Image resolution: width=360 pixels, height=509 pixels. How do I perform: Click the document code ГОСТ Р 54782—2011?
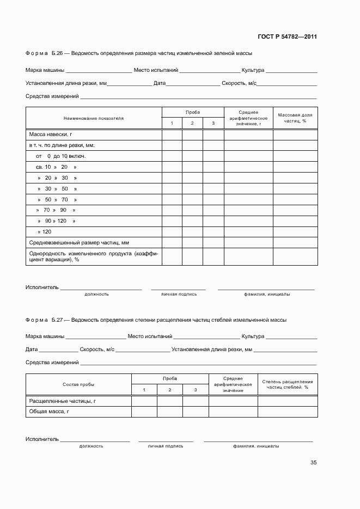click(x=287, y=37)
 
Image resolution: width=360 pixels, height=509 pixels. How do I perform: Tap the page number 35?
click(x=313, y=463)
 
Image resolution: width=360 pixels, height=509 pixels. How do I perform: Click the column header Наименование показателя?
click(x=93, y=118)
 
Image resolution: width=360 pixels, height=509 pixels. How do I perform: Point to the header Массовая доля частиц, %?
click(x=295, y=118)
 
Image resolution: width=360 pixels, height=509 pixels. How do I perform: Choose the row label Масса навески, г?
click(x=51, y=134)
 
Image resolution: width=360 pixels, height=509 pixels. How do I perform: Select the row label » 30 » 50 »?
click(x=57, y=188)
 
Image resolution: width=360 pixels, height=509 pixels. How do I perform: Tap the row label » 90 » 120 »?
click(x=56, y=220)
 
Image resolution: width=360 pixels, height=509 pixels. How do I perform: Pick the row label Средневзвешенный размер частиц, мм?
click(x=79, y=242)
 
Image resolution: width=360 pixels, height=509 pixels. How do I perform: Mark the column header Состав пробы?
click(x=78, y=384)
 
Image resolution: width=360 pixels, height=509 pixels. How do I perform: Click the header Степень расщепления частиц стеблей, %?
click(x=287, y=384)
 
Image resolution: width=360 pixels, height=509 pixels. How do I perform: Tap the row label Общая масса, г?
click(x=48, y=412)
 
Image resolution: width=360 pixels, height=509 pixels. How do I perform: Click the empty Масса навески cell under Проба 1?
click(x=172, y=134)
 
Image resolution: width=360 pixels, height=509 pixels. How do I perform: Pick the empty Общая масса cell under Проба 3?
click(x=196, y=412)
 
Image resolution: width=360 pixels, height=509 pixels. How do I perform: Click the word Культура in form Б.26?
click(x=253, y=70)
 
